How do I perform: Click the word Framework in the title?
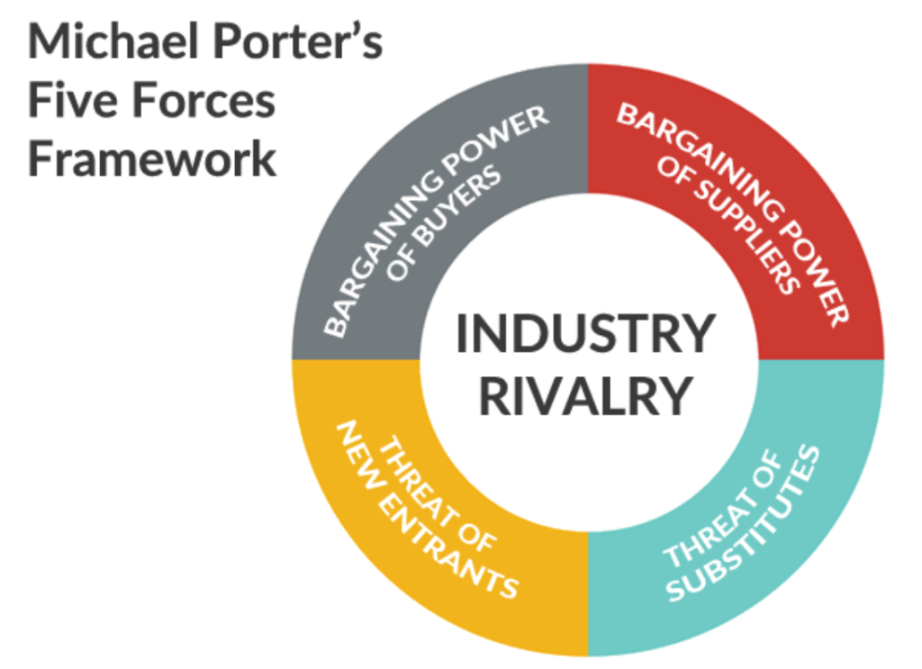pos(152,158)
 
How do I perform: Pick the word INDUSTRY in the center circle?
pos(585,334)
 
